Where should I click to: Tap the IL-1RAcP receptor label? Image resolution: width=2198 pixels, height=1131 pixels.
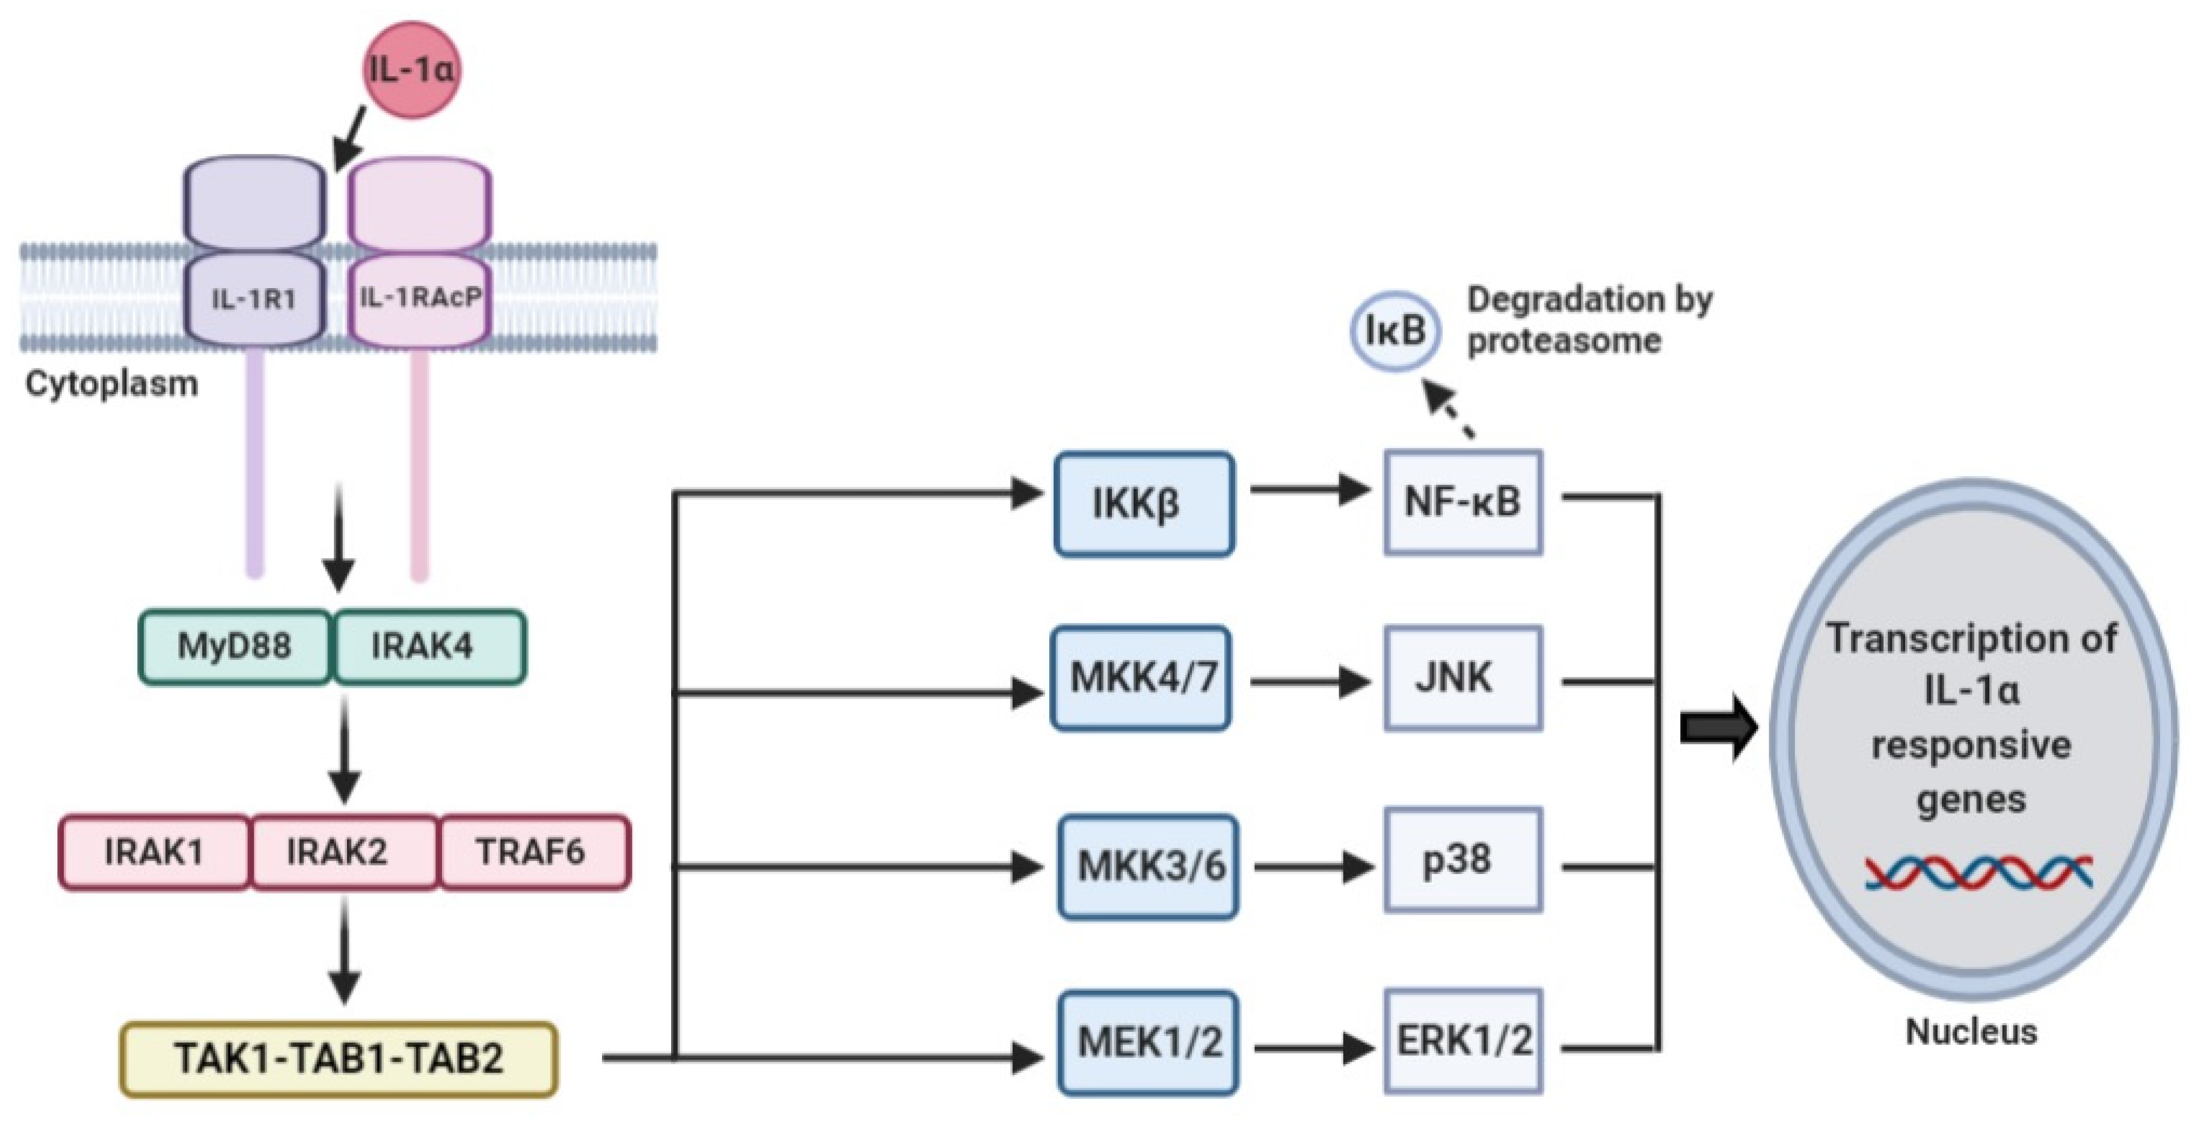[x=420, y=297]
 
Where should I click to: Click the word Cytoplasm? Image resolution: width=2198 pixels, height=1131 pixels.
[x=111, y=383]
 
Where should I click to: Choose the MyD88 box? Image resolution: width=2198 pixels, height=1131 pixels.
[x=235, y=646]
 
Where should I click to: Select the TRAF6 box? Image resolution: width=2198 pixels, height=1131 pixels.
[x=533, y=852]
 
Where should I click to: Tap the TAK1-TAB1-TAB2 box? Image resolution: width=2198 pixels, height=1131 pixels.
[x=339, y=1058]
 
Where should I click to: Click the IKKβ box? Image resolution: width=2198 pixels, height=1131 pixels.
[x=1143, y=504]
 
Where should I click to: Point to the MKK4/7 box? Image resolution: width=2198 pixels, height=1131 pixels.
[x=1141, y=679]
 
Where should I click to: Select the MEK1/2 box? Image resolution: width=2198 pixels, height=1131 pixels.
[x=1147, y=1041]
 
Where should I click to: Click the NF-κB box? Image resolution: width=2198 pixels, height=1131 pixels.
[x=1463, y=502]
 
